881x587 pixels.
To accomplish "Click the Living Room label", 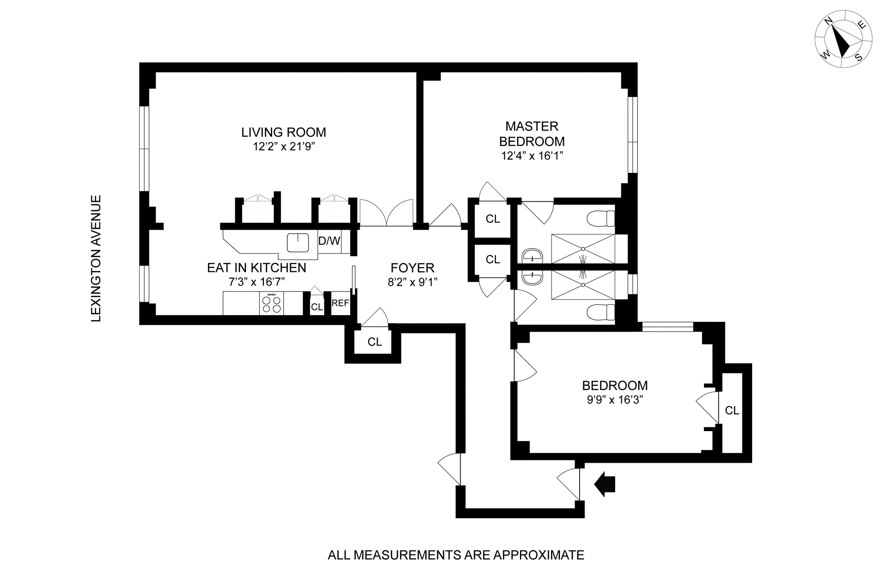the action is (x=284, y=133).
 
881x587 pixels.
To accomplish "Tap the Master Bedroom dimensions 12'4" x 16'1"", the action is (x=532, y=156).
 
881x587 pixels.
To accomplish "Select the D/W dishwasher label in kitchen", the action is (x=329, y=241).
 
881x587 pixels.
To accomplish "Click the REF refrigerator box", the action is (x=340, y=304).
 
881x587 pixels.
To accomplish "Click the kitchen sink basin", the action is (x=298, y=243).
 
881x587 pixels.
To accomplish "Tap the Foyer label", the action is (x=412, y=268).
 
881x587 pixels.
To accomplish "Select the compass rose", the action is (x=843, y=45).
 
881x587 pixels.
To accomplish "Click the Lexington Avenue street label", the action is (x=96, y=259).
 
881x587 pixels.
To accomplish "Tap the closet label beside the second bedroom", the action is (x=732, y=410).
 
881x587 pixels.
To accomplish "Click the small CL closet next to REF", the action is (x=317, y=307).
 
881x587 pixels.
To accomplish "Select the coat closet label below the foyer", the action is (x=374, y=342).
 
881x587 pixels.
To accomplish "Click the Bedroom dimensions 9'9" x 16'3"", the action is (x=614, y=400).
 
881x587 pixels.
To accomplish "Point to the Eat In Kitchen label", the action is (x=256, y=268).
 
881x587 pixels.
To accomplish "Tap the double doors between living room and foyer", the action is (x=386, y=213).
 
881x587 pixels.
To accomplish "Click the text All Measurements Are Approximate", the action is (x=456, y=555).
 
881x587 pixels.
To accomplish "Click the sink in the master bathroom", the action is (x=532, y=255).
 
